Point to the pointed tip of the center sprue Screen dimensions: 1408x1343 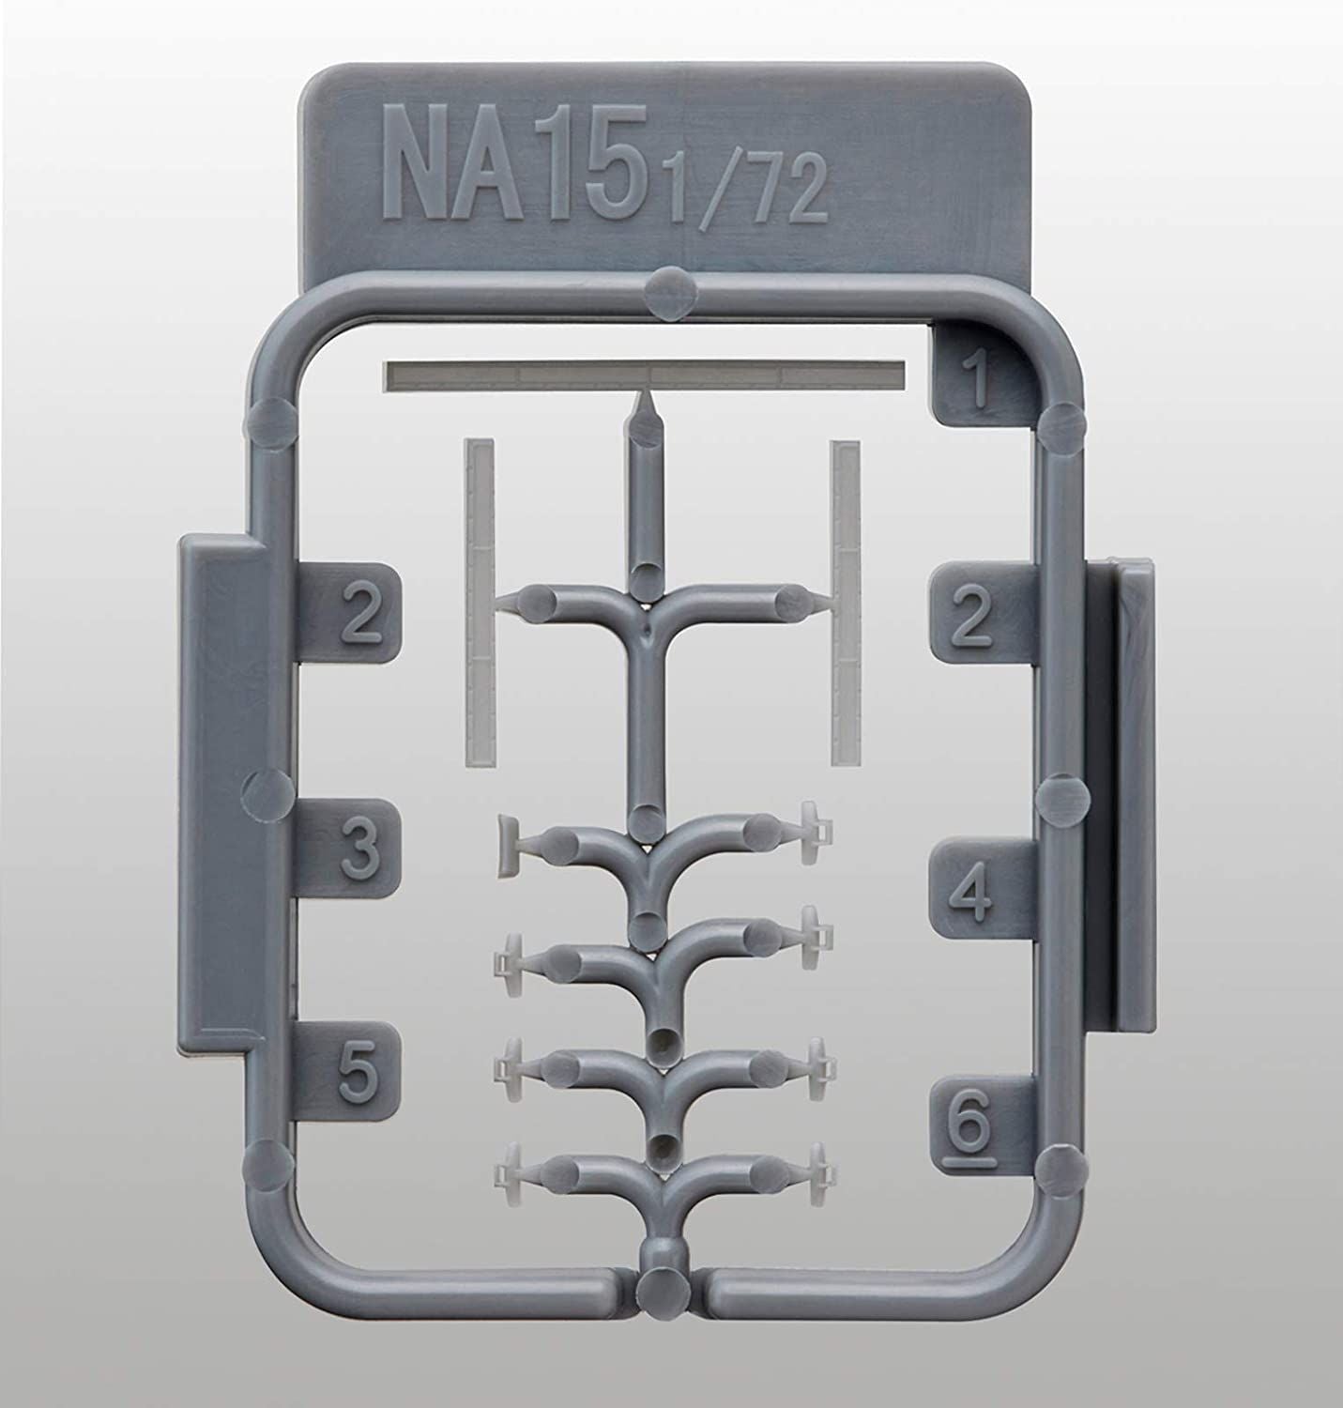(644, 406)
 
